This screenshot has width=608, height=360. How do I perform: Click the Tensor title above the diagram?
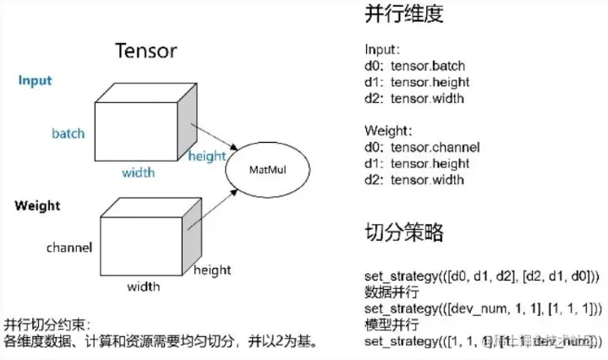tap(145, 50)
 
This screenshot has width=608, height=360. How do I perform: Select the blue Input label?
tap(36, 81)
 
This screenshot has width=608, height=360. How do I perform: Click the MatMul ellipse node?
tap(263, 169)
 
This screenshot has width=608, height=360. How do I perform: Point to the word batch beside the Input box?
tap(68, 134)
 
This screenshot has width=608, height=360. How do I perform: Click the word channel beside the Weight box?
tap(68, 248)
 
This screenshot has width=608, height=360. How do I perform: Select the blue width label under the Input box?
tap(138, 172)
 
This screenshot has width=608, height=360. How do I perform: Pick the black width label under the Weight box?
tap(144, 286)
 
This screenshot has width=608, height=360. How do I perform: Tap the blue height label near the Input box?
tap(207, 155)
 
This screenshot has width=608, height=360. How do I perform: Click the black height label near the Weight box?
tap(212, 270)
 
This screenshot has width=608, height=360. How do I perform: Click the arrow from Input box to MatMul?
tap(217, 134)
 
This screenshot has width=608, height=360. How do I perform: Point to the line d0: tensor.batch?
tap(414, 66)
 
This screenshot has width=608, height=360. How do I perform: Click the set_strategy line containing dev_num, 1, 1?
tap(483, 308)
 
